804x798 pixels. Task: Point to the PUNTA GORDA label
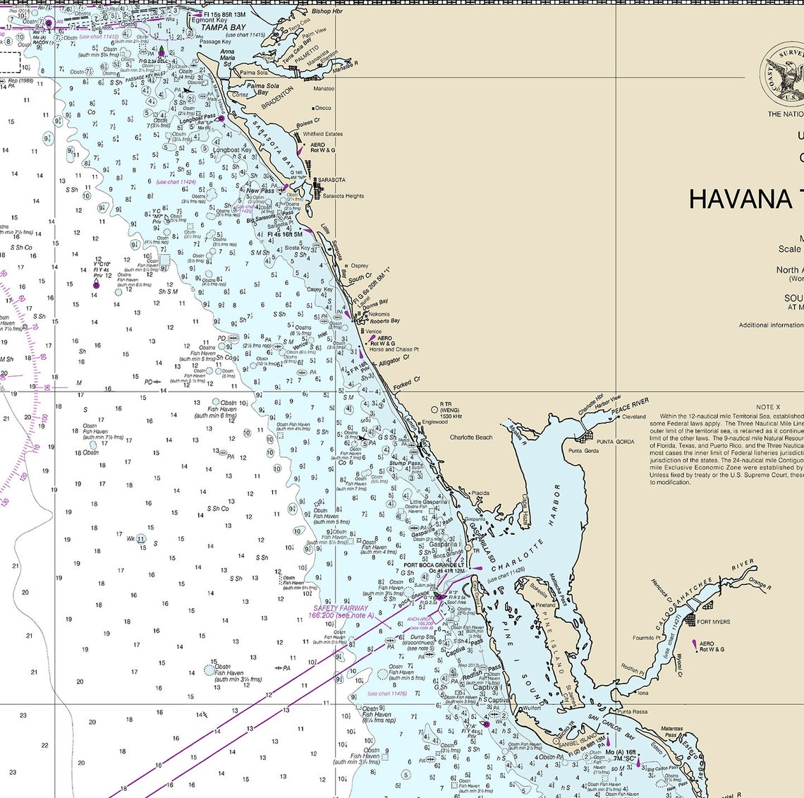[x=615, y=442]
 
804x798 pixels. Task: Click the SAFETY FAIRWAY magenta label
[x=341, y=607]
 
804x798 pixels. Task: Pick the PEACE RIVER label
[x=630, y=406]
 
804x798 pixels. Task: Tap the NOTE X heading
[x=768, y=407]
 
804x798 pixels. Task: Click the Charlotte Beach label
[x=471, y=437]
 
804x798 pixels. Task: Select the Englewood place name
[x=434, y=422]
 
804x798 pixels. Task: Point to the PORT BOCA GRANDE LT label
[x=433, y=564]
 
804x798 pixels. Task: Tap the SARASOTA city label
[x=331, y=180]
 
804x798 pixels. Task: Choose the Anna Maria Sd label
[x=227, y=57]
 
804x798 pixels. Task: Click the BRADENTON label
[x=276, y=95]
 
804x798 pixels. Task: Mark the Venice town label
[x=373, y=331]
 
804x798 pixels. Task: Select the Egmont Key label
[x=209, y=20]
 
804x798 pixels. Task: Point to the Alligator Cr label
[x=394, y=361]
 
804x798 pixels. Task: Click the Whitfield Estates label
[x=322, y=134]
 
